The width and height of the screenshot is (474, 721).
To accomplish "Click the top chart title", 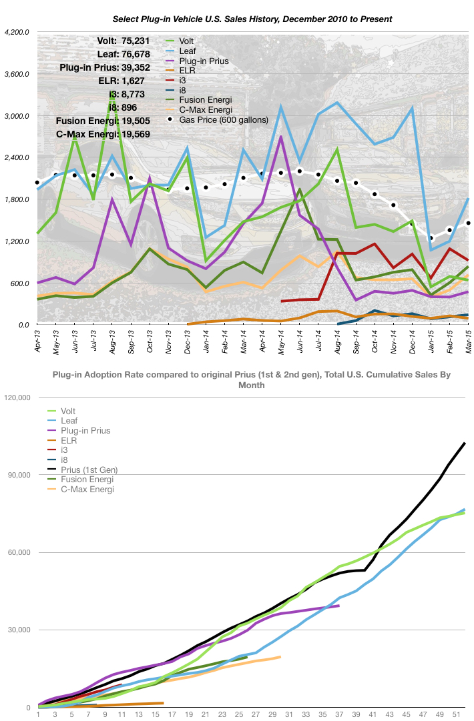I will coord(237,19).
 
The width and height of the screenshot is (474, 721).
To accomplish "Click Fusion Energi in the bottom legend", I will coord(82,480).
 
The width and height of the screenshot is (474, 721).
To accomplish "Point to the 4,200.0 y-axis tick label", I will coord(17,32).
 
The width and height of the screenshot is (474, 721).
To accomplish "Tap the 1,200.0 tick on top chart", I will coord(17,241).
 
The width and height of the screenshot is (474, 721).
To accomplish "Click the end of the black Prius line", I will coord(465,443).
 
